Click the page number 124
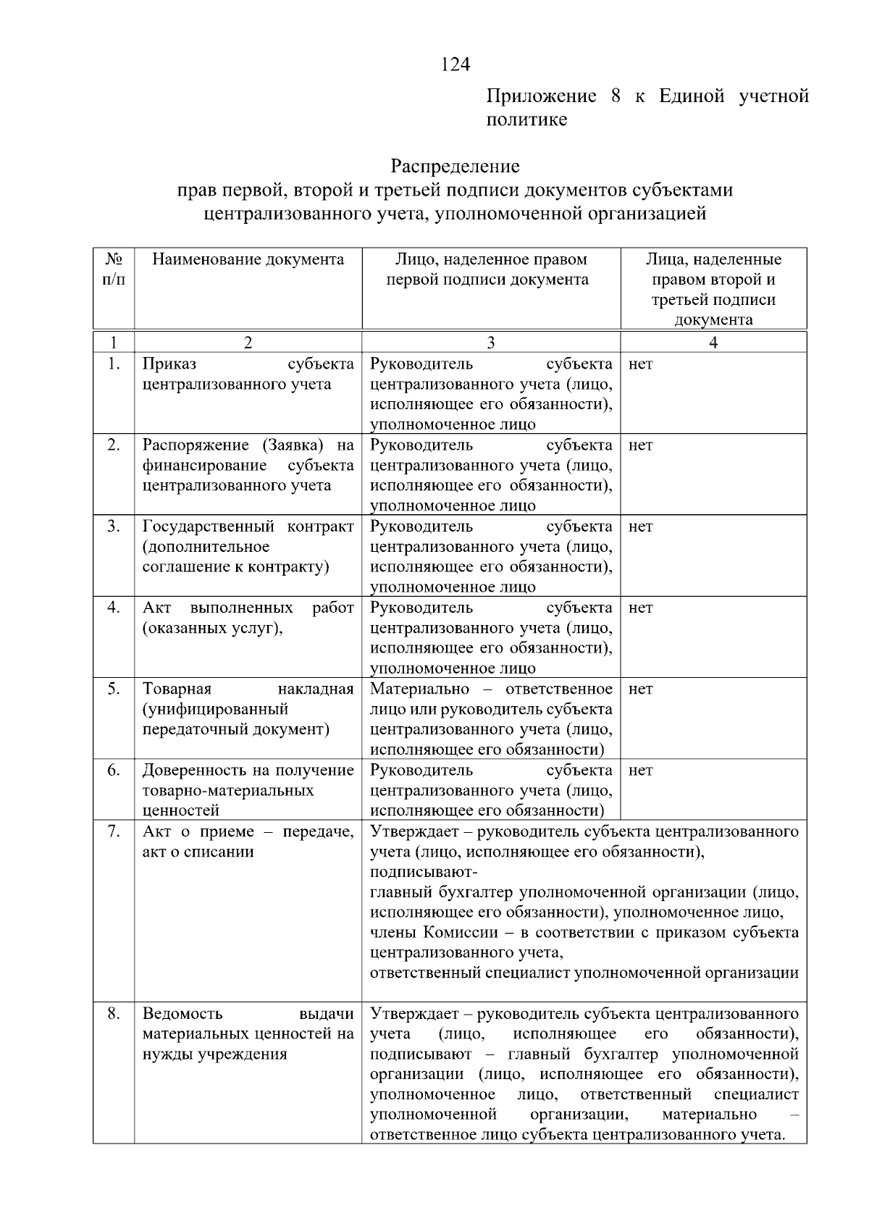[456, 64]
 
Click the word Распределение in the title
[455, 167]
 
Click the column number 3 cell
[491, 343]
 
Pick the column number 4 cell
[713, 343]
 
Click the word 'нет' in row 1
[641, 364]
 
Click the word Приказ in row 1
[169, 364]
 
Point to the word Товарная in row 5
[177, 689]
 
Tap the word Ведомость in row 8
[182, 1013]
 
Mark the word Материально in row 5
[419, 689]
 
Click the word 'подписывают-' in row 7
[424, 872]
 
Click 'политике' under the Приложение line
[526, 119]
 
